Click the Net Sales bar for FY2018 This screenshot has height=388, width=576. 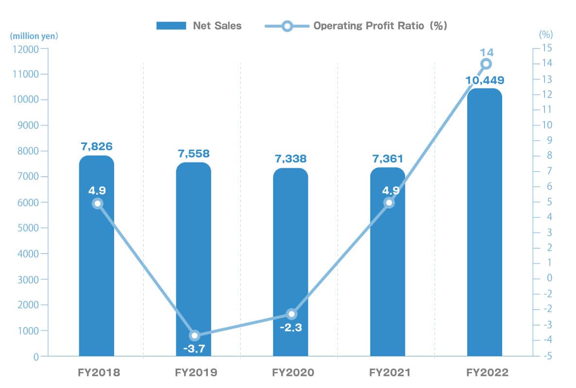click(96, 272)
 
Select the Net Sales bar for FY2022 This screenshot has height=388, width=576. click(485, 233)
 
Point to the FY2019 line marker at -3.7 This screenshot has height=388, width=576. click(194, 335)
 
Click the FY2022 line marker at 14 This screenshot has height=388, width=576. click(486, 64)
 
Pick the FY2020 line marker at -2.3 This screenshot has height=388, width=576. click(291, 314)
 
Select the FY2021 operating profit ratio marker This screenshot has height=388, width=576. click(389, 203)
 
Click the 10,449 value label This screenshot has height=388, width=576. click(485, 80)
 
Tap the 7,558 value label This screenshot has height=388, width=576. click(193, 154)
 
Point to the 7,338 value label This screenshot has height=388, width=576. click(290, 159)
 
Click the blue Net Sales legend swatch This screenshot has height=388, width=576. click(171, 26)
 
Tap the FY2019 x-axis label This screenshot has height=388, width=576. click(196, 373)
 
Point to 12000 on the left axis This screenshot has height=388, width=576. click(26, 49)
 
